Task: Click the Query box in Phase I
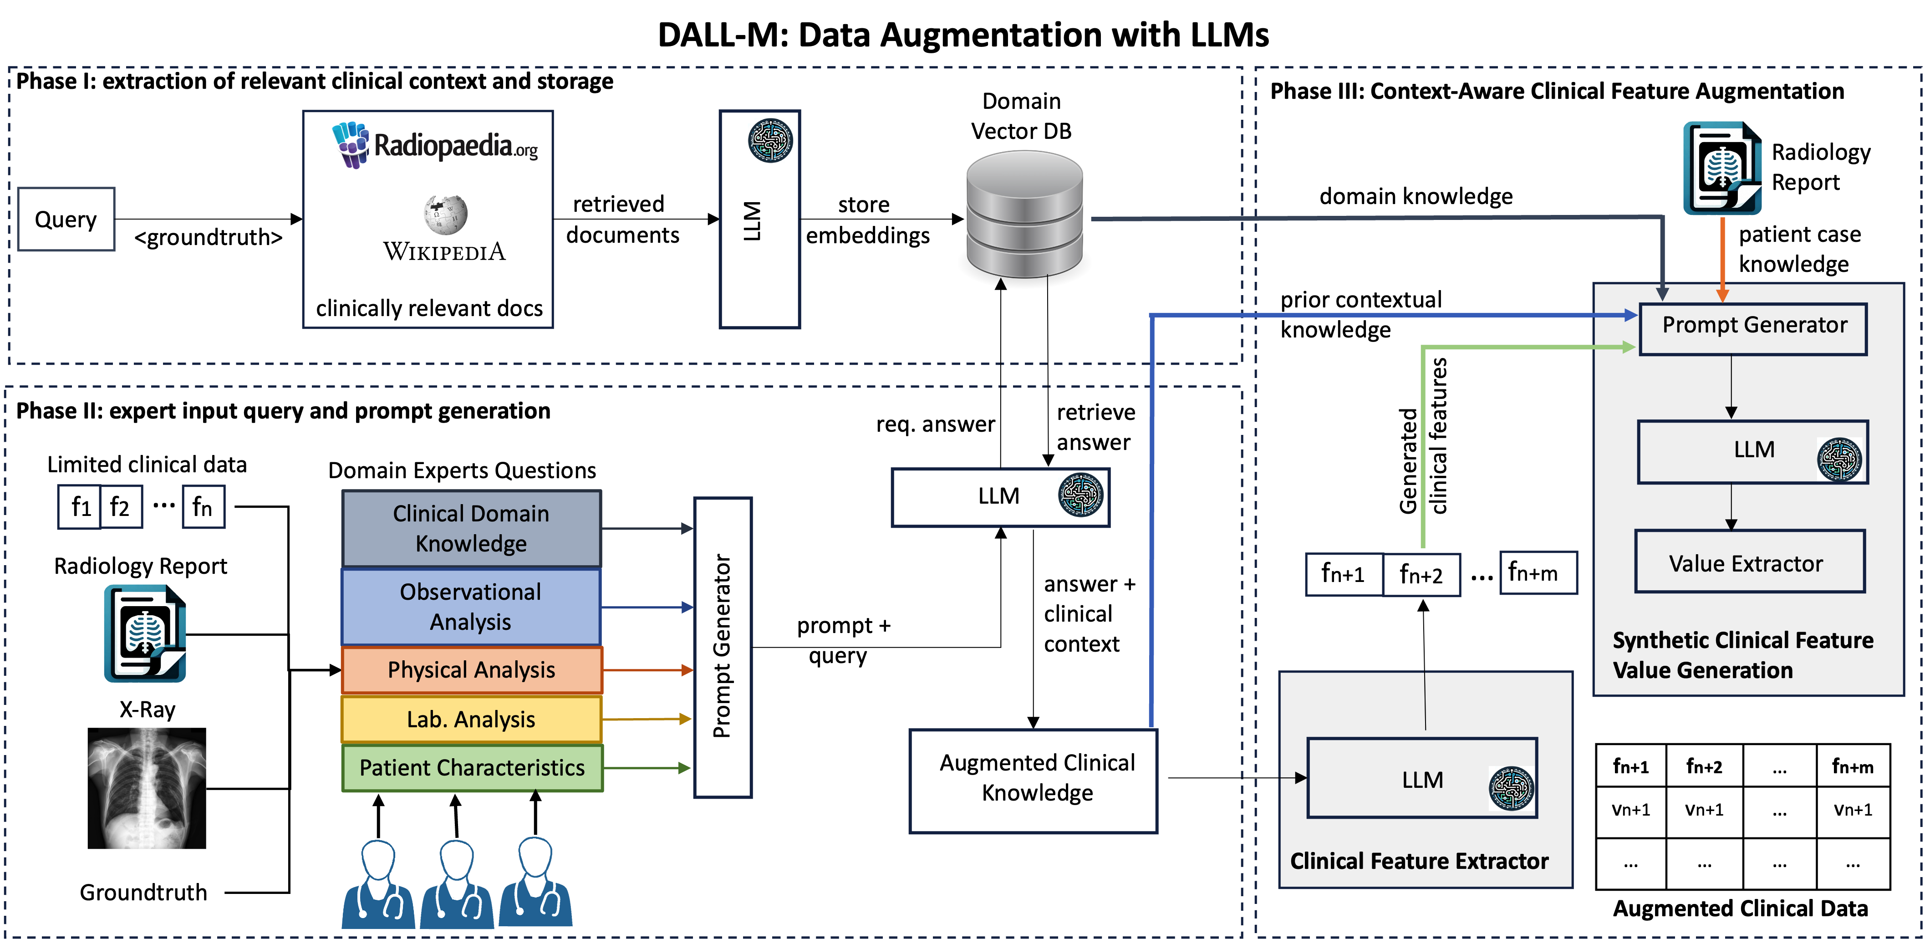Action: (x=66, y=219)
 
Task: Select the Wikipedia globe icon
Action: (x=446, y=214)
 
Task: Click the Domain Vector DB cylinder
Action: (x=1024, y=214)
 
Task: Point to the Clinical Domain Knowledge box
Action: (x=471, y=528)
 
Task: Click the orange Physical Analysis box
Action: (x=471, y=670)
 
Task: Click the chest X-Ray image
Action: (x=147, y=788)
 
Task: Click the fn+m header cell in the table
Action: (x=1853, y=766)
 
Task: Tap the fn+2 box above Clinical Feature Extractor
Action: (x=1421, y=575)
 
